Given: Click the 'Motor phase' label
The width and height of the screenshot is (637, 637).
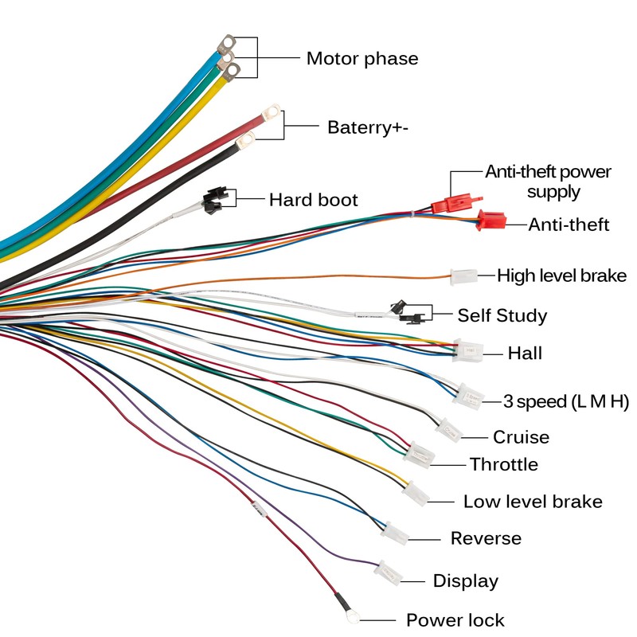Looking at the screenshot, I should (x=362, y=59).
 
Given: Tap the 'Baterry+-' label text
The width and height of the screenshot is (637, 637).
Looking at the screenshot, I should (x=368, y=127).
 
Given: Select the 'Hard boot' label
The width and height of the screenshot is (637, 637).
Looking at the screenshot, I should (x=313, y=199).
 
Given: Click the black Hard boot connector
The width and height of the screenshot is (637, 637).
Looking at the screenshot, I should (x=213, y=200).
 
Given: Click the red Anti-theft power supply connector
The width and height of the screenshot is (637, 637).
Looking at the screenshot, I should (x=447, y=204).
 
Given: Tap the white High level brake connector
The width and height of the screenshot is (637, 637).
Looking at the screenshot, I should (x=463, y=276).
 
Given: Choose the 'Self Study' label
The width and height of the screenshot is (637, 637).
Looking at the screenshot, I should (x=502, y=315).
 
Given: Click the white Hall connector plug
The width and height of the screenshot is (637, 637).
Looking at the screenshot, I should (x=468, y=350).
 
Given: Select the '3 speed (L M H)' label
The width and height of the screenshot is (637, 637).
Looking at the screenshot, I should (x=565, y=401).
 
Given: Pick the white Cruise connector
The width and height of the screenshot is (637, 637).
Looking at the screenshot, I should (x=449, y=430).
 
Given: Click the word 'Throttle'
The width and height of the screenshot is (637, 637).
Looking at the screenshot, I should (x=504, y=464).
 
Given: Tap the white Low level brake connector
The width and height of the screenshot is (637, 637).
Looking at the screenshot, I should (x=416, y=494).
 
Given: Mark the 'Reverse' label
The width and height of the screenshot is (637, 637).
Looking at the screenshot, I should (x=486, y=538).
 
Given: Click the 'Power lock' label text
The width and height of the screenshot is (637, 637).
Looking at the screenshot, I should (x=455, y=619).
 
